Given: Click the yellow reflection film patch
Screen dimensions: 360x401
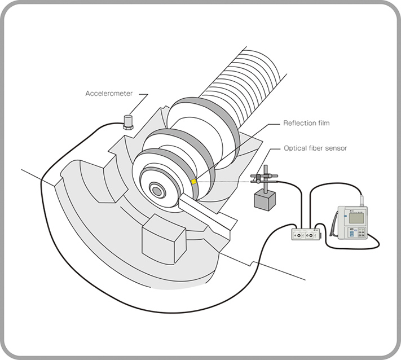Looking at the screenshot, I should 193,182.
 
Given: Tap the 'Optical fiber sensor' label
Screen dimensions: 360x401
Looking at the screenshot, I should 315,148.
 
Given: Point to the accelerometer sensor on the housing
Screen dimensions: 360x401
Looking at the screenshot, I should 128,122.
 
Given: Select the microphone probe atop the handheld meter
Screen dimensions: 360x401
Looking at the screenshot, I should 362,200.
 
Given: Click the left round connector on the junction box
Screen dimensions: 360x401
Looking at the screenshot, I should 298,235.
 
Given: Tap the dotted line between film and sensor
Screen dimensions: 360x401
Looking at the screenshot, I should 226,181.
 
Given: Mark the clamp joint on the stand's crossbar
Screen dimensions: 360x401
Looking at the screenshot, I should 259,179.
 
